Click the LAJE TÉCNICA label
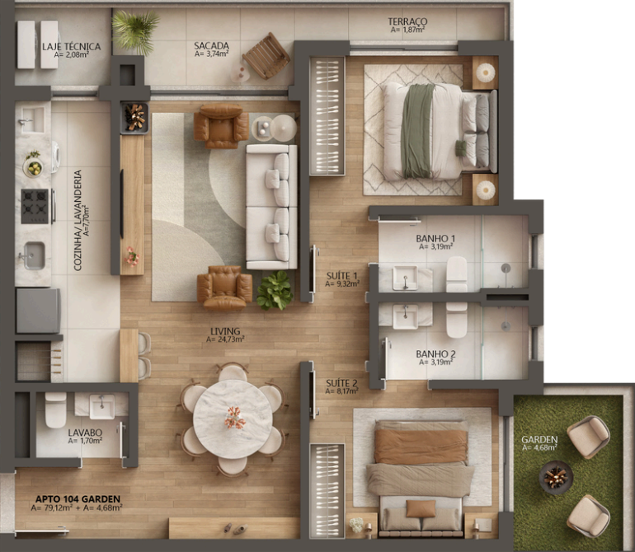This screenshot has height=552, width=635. tap(72, 46)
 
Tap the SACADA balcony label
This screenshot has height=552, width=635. tap(211, 46)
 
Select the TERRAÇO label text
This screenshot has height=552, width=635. tap(407, 21)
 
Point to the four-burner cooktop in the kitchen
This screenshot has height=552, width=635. tap(35, 207)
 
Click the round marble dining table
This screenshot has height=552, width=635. tap(233, 419)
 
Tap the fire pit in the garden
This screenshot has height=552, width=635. tap(556, 477)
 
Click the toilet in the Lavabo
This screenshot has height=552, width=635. tap(55, 410)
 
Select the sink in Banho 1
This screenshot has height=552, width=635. tap(405, 278)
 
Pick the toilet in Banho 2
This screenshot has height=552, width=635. tap(457, 320)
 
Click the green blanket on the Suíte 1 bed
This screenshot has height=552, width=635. tap(417, 131)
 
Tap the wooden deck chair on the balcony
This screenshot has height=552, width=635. tap(266, 56)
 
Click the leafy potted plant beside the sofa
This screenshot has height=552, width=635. tap(275, 291)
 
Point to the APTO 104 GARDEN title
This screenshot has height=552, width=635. tap(78, 499)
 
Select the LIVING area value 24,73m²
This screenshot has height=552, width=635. tap(225, 339)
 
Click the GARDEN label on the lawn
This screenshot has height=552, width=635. tap(539, 439)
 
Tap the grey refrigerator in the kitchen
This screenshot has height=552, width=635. tap(38, 311)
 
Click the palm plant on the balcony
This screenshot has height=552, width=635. tap(134, 31)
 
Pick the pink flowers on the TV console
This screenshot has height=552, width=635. tap(132, 256)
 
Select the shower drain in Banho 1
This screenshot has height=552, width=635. tap(506, 268)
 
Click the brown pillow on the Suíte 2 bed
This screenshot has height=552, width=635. tap(421, 508)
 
